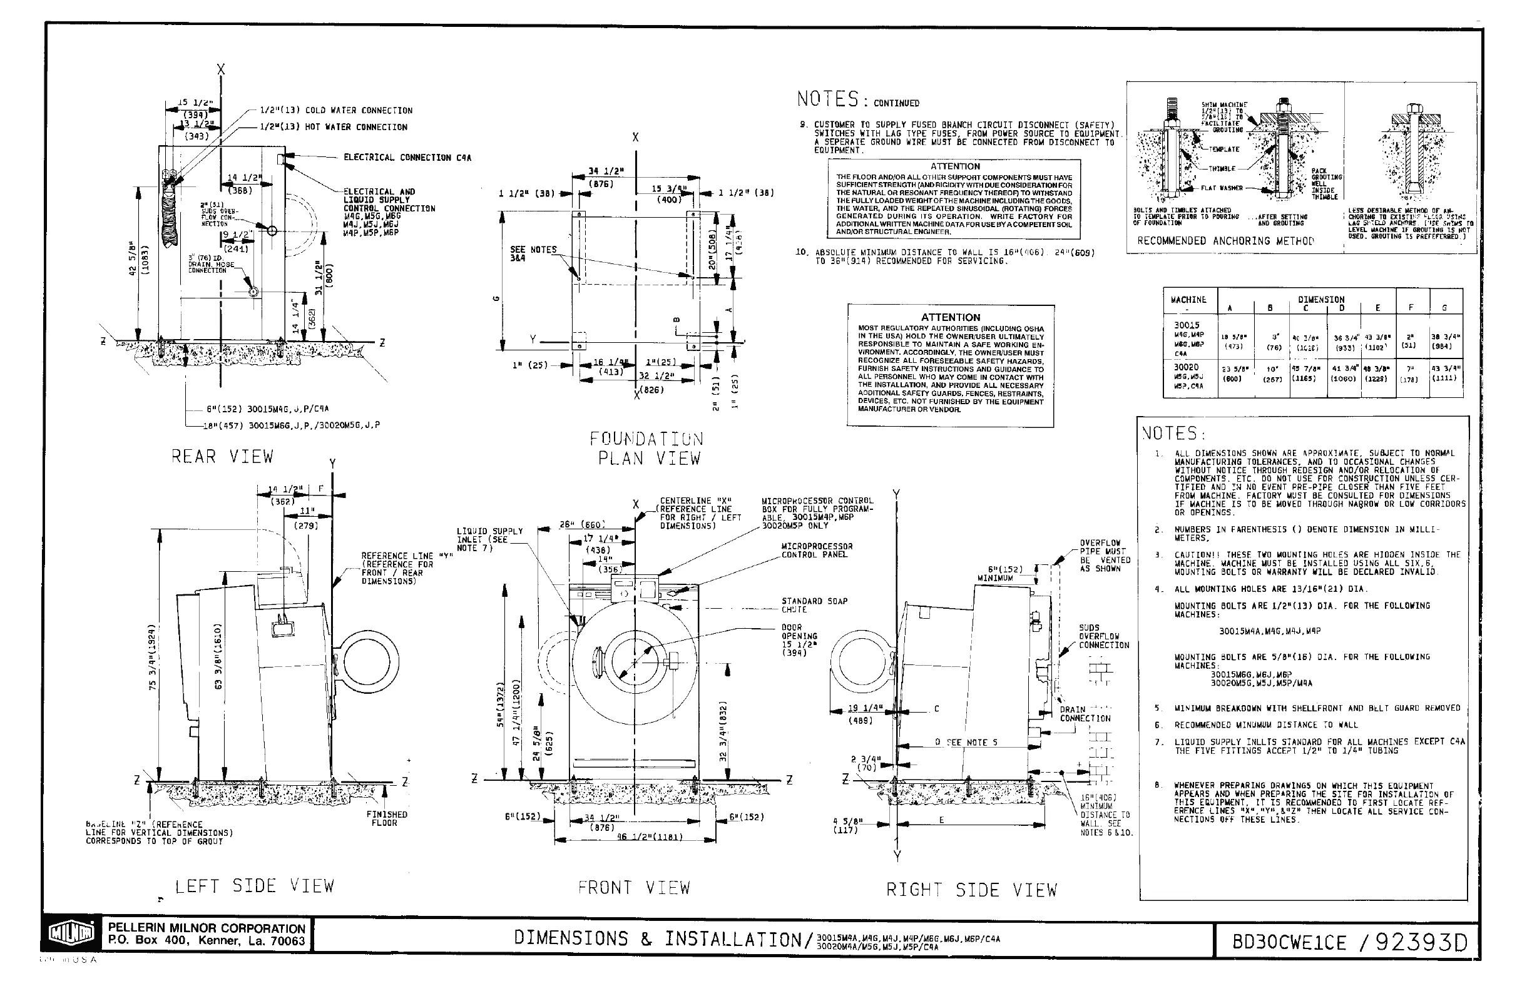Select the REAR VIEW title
pos(222,457)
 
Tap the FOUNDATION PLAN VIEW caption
pos(647,449)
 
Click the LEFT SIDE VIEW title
pos(255,886)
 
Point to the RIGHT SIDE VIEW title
pos(971,890)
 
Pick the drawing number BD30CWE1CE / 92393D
pos(1349,943)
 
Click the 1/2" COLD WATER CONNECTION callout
pos(336,111)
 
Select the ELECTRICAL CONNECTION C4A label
pos(407,158)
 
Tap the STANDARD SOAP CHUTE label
pos(814,605)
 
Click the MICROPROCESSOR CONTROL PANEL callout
pos(816,550)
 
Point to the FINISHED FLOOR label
pos(386,818)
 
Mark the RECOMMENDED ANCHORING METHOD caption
pos(1225,241)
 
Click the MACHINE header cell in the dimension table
pos(1188,300)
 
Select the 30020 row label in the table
pos(1186,367)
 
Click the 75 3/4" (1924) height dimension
pos(152,656)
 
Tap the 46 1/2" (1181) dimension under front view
pos(650,837)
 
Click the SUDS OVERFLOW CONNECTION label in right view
pos(1104,636)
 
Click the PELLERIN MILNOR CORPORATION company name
pos(207,928)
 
